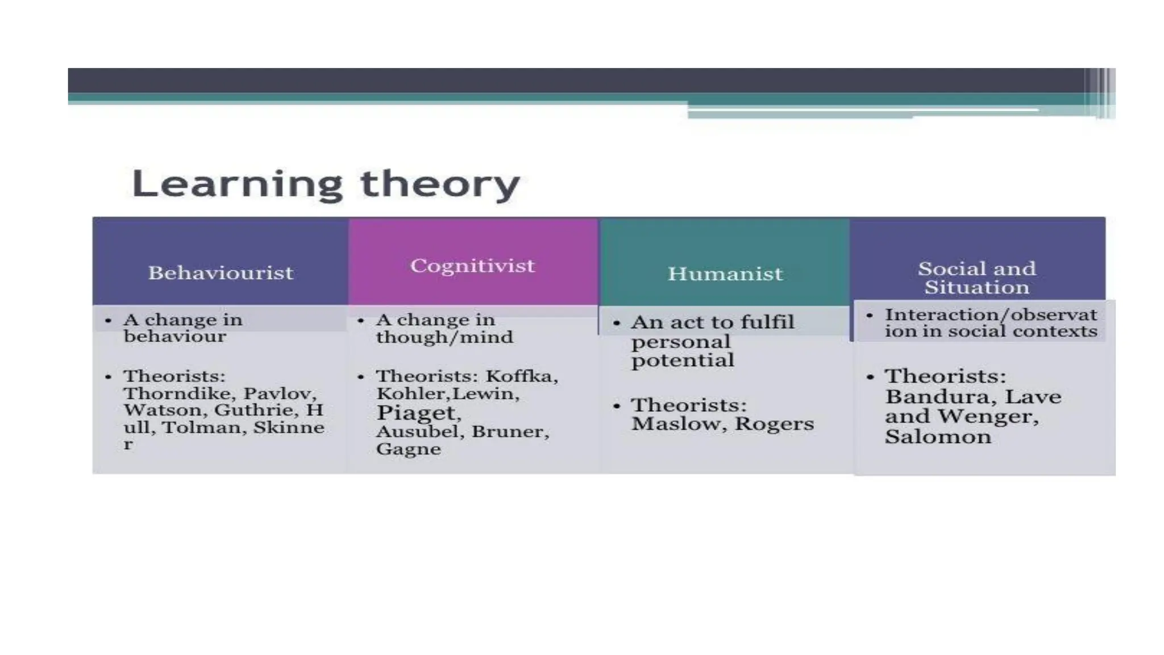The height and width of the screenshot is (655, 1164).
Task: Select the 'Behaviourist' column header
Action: [x=221, y=273]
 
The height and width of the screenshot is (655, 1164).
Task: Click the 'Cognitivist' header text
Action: [x=472, y=266]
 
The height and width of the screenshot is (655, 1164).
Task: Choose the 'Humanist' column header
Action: [x=725, y=274]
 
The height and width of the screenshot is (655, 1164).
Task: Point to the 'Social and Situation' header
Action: [x=976, y=277]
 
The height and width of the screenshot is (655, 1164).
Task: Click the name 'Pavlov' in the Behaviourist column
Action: [x=279, y=393]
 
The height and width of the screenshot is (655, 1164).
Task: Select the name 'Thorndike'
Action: [x=177, y=393]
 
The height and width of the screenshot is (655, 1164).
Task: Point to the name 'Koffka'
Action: [x=521, y=376]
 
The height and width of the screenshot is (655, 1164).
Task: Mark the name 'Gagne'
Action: [x=408, y=449]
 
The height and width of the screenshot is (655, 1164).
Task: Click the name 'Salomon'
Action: [x=938, y=437]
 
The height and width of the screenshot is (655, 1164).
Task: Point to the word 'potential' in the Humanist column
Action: [x=683, y=360]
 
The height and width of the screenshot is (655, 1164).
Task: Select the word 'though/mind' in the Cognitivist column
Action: [x=444, y=337]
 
